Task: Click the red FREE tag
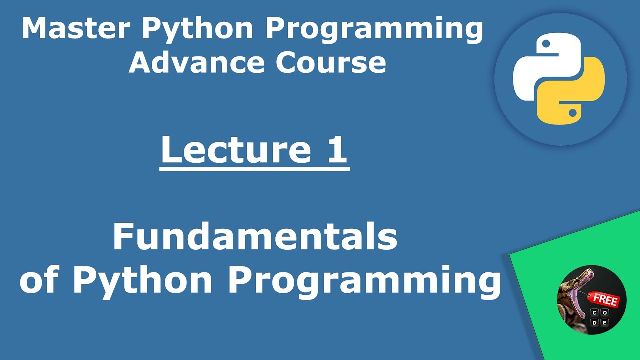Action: [x=605, y=300]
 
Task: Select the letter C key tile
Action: [x=594, y=313]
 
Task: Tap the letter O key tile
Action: [x=605, y=313]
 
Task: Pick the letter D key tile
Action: [x=594, y=323]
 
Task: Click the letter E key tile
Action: [x=605, y=323]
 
